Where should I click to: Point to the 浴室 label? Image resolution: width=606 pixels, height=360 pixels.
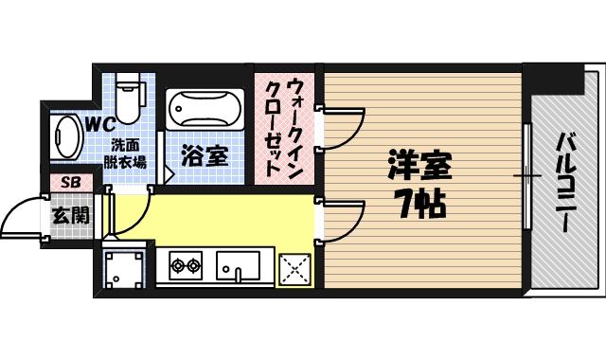click(x=205, y=155)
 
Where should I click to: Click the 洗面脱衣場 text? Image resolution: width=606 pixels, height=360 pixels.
click(x=125, y=153)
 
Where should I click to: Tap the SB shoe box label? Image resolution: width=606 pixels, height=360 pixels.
click(x=71, y=182)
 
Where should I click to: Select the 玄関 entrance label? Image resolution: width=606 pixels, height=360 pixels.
click(x=71, y=215)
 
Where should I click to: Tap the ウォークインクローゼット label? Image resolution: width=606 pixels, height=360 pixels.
click(x=284, y=126)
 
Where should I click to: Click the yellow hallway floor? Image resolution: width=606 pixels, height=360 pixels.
click(x=218, y=218)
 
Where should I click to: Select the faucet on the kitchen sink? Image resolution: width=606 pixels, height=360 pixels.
click(x=239, y=276)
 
